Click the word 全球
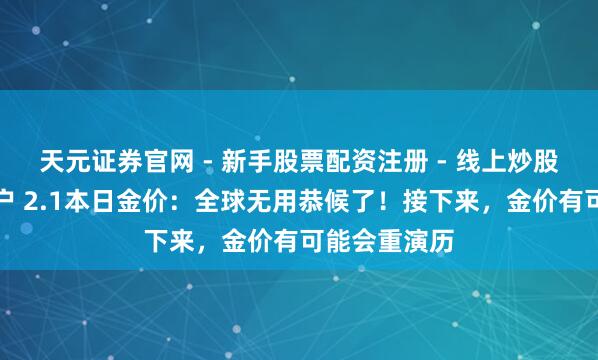click(x=213, y=199)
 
